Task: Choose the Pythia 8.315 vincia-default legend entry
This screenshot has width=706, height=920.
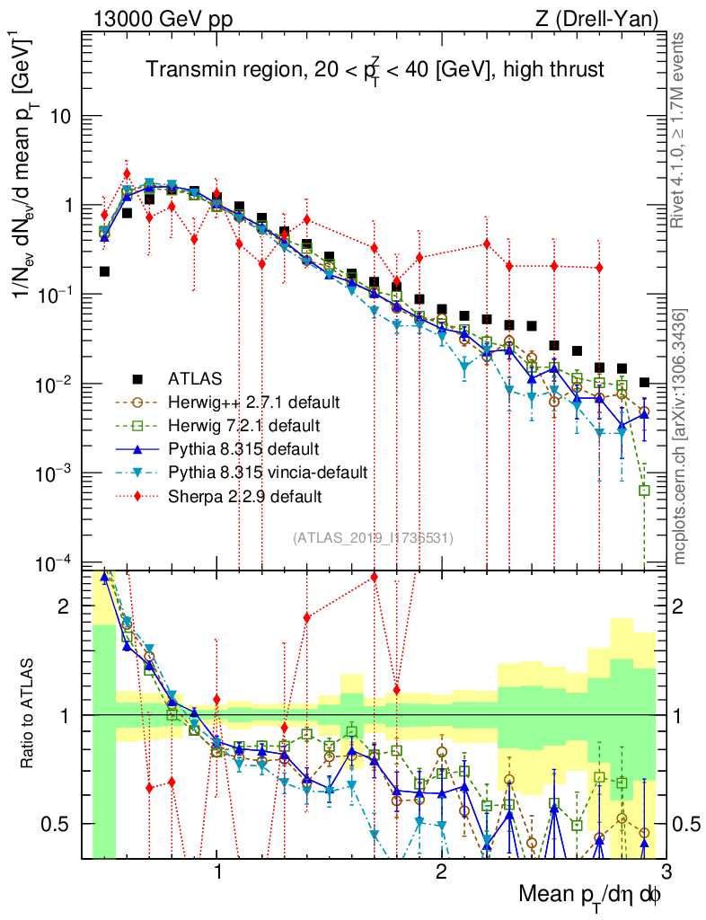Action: click(270, 472)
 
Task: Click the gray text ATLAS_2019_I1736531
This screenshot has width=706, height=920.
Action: click(374, 537)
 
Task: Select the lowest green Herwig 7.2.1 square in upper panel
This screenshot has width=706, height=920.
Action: click(644, 491)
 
